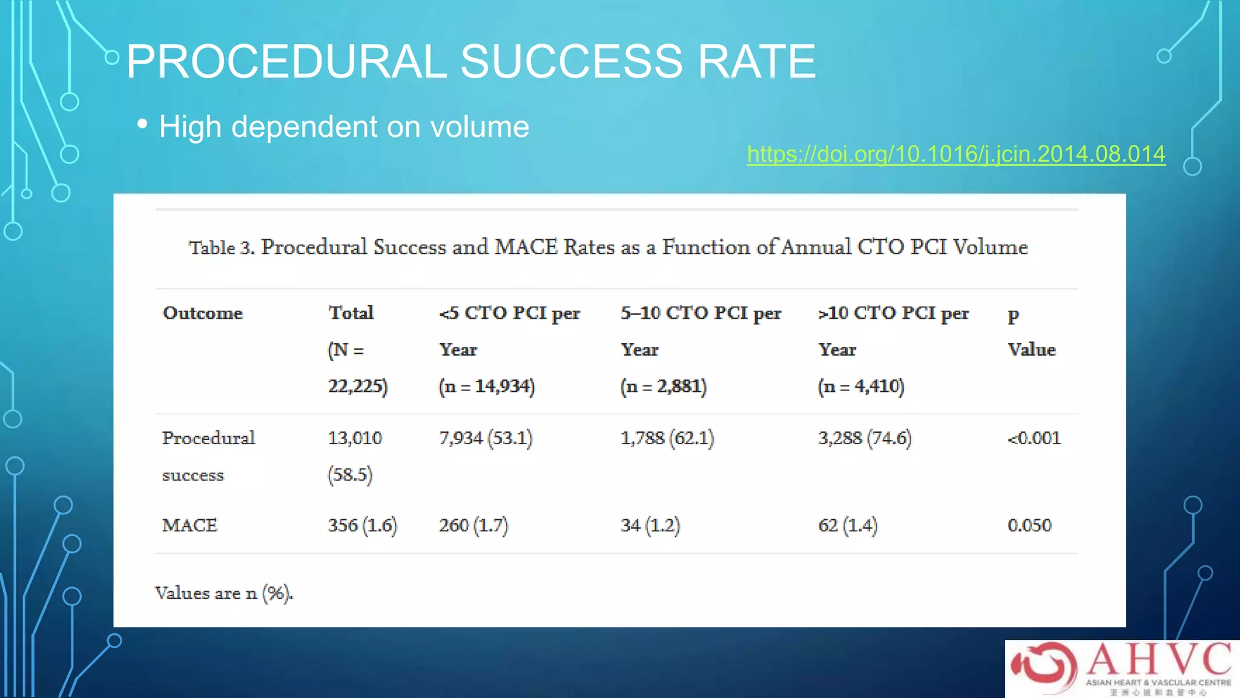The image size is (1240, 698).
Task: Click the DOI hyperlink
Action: tap(955, 154)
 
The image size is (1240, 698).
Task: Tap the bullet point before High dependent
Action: tap(142, 124)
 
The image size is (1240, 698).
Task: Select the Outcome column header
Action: tap(202, 313)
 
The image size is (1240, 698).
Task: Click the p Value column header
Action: tap(1031, 331)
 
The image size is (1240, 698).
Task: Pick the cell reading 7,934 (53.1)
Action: tap(486, 438)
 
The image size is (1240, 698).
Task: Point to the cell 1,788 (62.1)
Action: tap(667, 438)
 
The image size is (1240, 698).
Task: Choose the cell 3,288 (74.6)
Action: tap(865, 438)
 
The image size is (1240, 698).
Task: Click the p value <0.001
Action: tap(1034, 438)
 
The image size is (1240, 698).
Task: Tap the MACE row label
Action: tap(190, 525)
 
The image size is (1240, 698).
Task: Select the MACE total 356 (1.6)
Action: tap(362, 525)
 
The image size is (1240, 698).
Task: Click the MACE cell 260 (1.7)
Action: tap(473, 525)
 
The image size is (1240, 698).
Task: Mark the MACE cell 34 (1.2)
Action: tap(650, 525)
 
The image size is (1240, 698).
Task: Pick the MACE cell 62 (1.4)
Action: tap(848, 525)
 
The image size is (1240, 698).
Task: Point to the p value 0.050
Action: tap(1029, 525)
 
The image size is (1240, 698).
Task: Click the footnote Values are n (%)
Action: tap(224, 593)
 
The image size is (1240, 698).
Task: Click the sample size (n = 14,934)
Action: tap(487, 386)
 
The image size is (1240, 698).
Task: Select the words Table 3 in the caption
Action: tap(221, 248)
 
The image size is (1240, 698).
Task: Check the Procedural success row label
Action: tap(208, 456)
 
